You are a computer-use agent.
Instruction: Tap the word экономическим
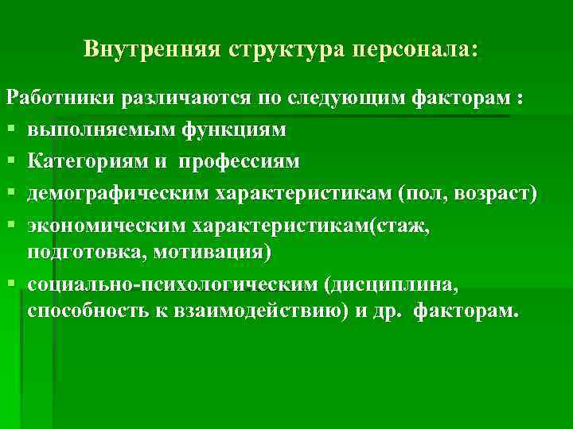105,226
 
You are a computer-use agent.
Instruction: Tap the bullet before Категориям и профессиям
11,162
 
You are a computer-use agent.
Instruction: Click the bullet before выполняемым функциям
11,130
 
